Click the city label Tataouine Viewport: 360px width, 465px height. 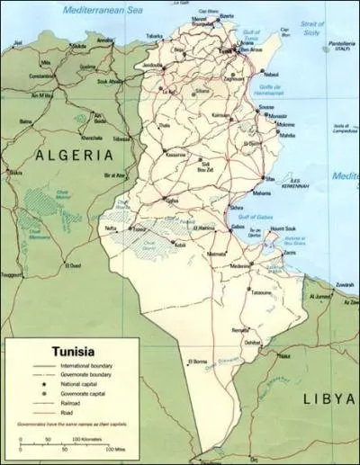(x=260, y=293)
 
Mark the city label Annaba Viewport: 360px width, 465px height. (x=105, y=40)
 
